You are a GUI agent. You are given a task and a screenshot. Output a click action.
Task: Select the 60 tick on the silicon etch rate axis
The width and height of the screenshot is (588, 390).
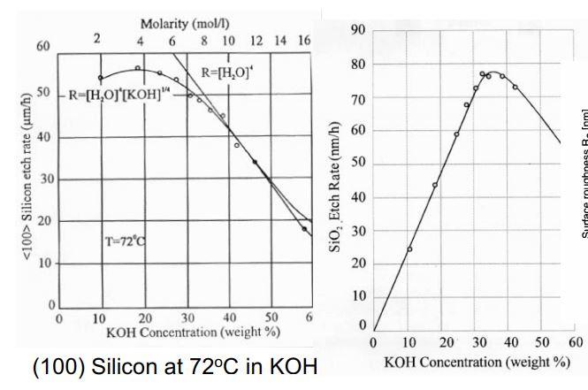[42, 48]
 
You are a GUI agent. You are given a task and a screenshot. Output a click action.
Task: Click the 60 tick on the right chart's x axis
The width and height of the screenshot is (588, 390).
[576, 343]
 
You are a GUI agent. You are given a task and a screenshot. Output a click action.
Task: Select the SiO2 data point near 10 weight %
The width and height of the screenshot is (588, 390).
[409, 249]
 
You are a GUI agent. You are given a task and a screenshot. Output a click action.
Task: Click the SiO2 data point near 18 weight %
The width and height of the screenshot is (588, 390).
[434, 185]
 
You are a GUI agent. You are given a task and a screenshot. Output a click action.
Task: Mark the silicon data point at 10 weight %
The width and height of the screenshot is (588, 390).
[100, 78]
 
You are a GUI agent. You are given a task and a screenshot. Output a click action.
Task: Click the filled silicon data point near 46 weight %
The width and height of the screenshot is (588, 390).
[256, 162]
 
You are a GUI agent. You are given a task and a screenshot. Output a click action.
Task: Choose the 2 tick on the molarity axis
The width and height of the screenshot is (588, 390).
[98, 41]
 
